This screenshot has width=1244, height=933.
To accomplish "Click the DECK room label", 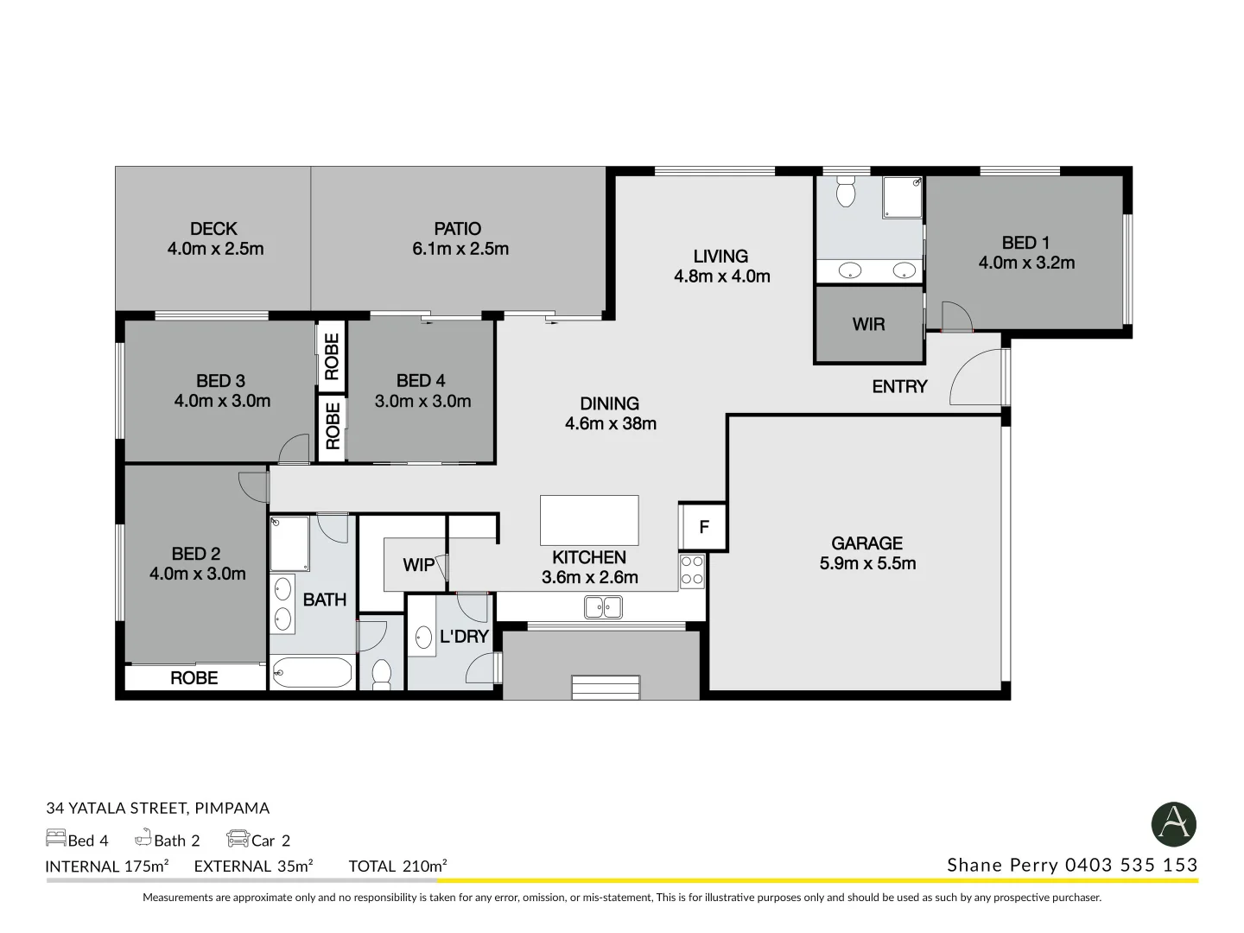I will click(214, 230).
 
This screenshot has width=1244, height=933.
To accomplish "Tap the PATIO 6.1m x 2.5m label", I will click(459, 239).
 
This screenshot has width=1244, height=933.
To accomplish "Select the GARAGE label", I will click(866, 543).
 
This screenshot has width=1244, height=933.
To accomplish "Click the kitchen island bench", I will click(589, 520).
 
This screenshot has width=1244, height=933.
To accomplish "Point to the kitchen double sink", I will click(603, 607).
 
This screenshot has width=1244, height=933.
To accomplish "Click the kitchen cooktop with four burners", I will click(692, 571).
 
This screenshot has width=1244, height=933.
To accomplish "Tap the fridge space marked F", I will click(703, 527).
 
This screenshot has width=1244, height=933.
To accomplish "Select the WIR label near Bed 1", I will click(868, 324).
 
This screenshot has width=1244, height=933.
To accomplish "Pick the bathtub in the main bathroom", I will click(312, 672).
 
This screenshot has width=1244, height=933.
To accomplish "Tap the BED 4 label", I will click(421, 381).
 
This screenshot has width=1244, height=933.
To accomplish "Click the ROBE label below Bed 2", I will click(194, 678).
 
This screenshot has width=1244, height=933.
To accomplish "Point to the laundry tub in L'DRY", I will click(423, 638).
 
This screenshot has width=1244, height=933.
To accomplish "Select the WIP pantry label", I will click(419, 565).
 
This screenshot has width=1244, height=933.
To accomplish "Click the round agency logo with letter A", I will click(1173, 823).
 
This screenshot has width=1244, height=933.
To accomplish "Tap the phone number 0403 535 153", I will click(1131, 865).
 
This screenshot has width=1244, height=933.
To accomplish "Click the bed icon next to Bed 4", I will click(55, 839).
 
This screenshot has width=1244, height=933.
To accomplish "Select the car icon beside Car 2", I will click(238, 839).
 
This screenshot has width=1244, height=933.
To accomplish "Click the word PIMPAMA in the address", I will click(232, 809).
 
